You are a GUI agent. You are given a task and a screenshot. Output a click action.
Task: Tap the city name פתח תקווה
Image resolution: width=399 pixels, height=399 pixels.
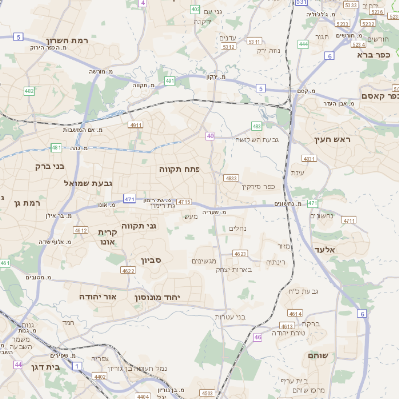pos(180,169)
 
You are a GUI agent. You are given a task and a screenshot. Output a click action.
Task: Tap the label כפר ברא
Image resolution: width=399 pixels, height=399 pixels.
pos(376,56)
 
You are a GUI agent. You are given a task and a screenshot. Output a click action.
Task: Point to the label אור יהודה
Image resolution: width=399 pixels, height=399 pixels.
pos(97,297)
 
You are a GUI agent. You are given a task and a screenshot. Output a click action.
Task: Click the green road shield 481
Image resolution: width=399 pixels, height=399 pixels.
pos(170,80)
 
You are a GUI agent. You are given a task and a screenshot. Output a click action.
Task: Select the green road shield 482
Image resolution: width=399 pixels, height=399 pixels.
pos(257,126)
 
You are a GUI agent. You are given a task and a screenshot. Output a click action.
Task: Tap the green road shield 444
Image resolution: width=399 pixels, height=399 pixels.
pos(303,44)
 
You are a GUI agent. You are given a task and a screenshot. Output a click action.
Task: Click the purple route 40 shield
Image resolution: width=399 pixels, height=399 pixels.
pos(210,135)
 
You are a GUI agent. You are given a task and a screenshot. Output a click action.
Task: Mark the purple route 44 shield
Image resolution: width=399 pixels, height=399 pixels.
pos(18,365)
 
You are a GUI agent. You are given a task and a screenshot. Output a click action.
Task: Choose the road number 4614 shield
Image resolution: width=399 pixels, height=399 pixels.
pos(295,313)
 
